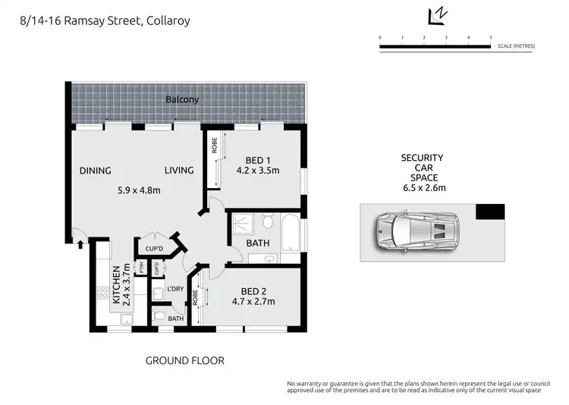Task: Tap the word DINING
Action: coord(95,171)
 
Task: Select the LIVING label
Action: coord(179,171)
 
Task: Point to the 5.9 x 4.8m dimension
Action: coord(139,190)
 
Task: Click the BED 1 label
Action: coord(258,160)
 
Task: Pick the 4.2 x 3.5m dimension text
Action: coord(257,171)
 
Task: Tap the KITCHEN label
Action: coord(117,285)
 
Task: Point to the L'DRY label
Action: coord(174,289)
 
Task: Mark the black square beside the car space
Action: coord(490,212)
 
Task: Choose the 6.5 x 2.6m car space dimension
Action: coord(422,189)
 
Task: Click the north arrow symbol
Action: coord(436,15)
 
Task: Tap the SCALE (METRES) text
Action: coord(516,47)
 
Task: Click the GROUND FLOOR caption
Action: coord(184,361)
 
